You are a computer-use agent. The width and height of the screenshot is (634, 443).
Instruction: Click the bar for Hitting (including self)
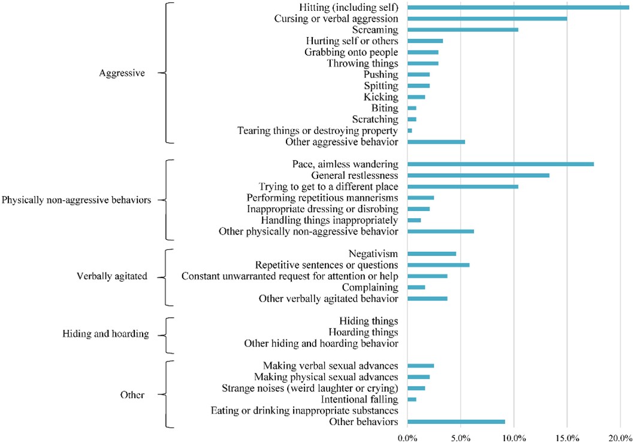[518, 7]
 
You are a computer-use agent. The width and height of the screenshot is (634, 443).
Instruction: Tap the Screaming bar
[463, 29]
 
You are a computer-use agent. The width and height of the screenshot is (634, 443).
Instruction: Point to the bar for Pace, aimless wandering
[500, 164]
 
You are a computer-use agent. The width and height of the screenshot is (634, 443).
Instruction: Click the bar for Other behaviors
[456, 422]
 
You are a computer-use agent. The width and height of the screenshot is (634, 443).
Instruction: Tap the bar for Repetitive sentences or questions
[438, 265]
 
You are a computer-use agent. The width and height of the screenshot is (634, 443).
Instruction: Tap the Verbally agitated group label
[112, 276]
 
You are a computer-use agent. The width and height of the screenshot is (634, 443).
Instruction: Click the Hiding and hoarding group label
[105, 333]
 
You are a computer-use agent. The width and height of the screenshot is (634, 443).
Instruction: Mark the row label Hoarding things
[363, 332]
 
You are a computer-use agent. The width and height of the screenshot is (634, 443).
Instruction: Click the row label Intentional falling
[360, 399]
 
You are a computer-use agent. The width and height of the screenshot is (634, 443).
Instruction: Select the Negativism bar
[431, 254]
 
